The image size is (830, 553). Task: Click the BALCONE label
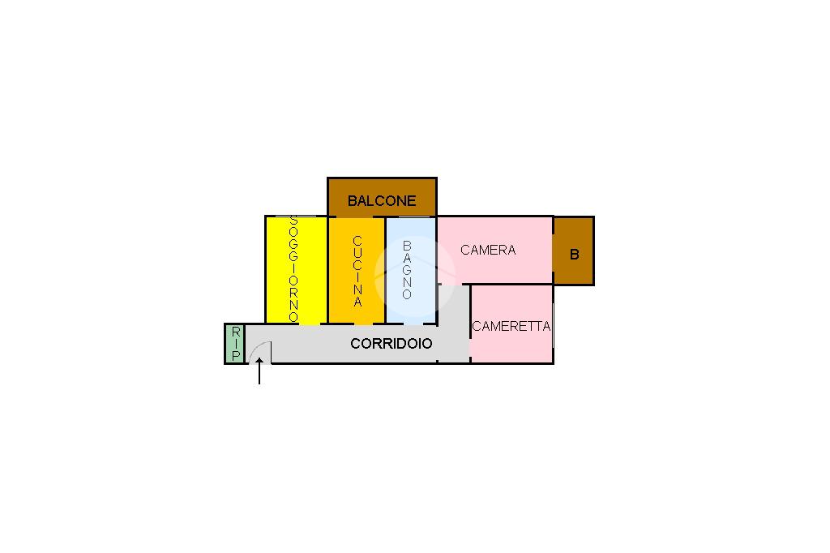pyautogui.click(x=382, y=200)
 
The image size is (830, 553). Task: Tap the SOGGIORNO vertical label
pyautogui.click(x=293, y=268)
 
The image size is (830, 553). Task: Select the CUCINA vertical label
pyautogui.click(x=357, y=271)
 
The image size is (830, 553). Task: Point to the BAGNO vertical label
pyautogui.click(x=407, y=270)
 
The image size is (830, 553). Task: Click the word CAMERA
pyautogui.click(x=488, y=250)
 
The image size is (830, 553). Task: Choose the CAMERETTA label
pyautogui.click(x=511, y=326)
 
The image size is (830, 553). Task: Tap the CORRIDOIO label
pyautogui.click(x=391, y=344)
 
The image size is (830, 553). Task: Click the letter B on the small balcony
pyautogui.click(x=575, y=255)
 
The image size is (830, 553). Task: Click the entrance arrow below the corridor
pyautogui.click(x=259, y=373)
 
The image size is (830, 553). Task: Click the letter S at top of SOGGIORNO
pyautogui.click(x=293, y=221)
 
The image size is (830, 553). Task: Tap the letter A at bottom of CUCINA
pyautogui.click(x=357, y=302)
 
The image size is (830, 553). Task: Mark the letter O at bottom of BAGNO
pyautogui.click(x=407, y=294)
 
